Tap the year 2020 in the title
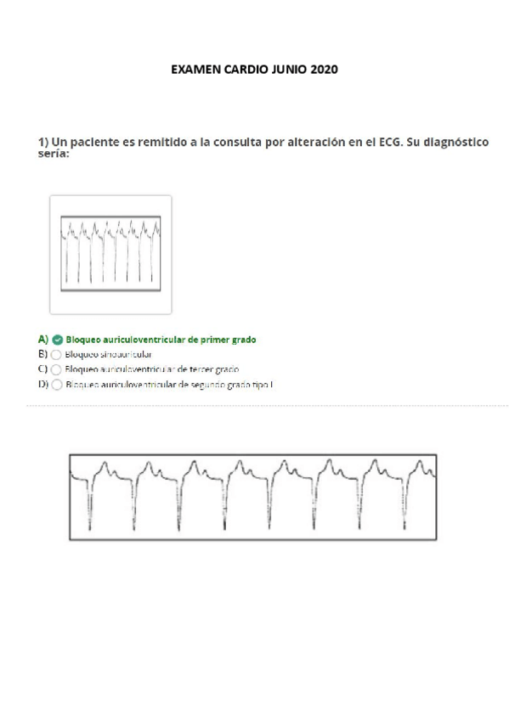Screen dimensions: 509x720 [324, 70]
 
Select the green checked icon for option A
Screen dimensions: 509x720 [57, 340]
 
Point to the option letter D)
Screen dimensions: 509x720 [42, 385]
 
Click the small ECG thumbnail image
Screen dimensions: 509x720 [110, 255]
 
